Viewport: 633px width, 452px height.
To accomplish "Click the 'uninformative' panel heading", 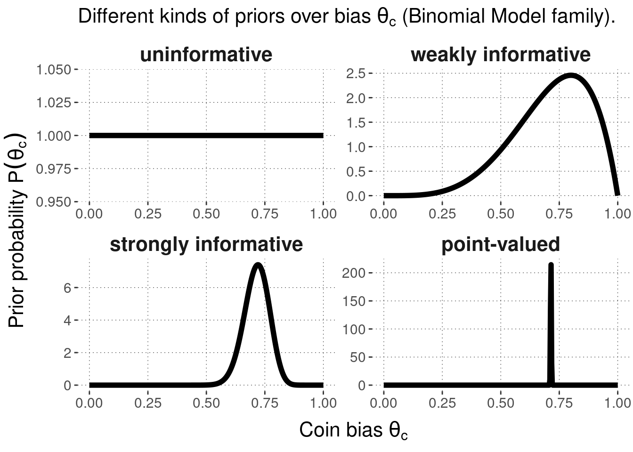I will pyautogui.click(x=206, y=55).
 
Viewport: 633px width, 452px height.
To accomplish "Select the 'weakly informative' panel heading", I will pyautogui.click(x=500, y=55).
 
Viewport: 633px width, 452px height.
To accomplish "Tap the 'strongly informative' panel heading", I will pyautogui.click(x=206, y=244).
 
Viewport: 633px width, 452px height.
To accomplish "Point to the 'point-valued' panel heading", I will pyautogui.click(x=500, y=244).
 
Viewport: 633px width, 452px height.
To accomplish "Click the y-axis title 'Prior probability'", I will pyautogui.click(x=17, y=230).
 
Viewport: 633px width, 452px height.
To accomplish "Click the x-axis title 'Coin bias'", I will pyautogui.click(x=353, y=430).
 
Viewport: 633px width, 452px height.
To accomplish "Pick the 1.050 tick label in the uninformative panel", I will pyautogui.click(x=53, y=70).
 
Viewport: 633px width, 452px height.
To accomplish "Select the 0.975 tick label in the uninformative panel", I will pyautogui.click(x=53, y=169).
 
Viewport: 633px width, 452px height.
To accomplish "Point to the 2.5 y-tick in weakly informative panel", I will pyautogui.click(x=356, y=73).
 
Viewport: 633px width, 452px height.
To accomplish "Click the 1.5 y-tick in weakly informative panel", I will pyautogui.click(x=356, y=122).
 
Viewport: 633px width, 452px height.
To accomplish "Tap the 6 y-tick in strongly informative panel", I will pyautogui.click(x=67, y=288).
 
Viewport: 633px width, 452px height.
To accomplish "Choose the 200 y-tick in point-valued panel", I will pyautogui.click(x=353, y=273).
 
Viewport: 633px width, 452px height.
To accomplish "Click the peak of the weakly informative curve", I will pyautogui.click(x=571, y=75).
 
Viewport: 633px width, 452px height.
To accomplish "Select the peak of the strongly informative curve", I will pyautogui.click(x=258, y=265).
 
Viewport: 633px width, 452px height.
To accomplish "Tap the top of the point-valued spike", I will pyautogui.click(x=551, y=266).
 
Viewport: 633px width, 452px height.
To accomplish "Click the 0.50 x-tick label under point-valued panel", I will pyautogui.click(x=501, y=403).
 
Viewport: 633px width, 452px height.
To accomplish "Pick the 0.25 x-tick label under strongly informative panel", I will pyautogui.click(x=148, y=403).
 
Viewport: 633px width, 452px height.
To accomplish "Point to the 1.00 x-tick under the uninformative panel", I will pyautogui.click(x=323, y=213).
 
